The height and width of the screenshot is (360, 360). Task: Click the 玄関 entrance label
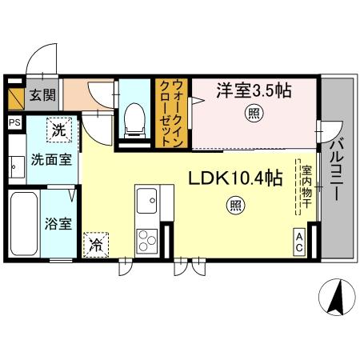tap(42, 96)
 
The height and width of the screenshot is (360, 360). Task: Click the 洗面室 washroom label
tap(47, 159)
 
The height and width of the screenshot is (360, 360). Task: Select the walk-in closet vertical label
tap(170, 114)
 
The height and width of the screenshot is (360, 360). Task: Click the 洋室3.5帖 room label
tap(251, 91)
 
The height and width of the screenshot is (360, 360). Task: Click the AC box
tap(299, 242)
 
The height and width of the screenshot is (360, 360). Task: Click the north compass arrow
tap(337, 298)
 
